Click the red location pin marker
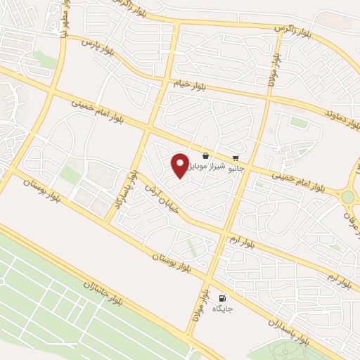(x=180, y=165)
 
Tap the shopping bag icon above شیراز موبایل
(x=205, y=156)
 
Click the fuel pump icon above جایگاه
(x=224, y=298)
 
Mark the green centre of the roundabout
(x=348, y=198)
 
